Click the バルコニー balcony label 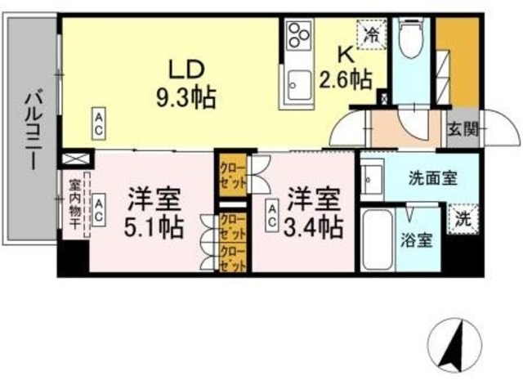32,130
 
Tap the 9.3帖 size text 186,98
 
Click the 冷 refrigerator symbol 373,35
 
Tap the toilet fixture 409,37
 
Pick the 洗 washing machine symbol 463,220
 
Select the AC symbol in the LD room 97,123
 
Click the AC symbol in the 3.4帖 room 270,214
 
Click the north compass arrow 454,347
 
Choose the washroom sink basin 373,177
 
